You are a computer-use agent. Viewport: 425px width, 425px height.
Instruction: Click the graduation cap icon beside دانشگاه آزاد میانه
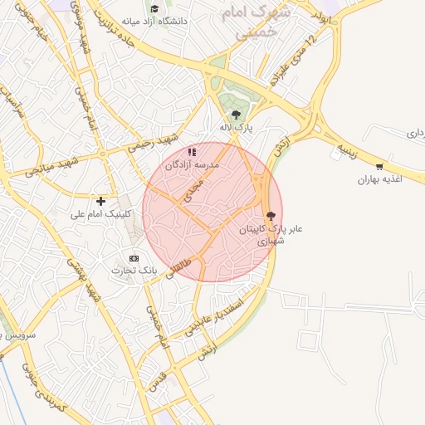pos(154,8)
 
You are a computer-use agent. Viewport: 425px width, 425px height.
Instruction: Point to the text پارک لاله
pos(235,128)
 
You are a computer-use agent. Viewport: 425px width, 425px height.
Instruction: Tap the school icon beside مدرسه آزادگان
pos(193,152)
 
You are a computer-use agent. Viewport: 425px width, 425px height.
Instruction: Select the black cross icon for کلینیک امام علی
pos(101,201)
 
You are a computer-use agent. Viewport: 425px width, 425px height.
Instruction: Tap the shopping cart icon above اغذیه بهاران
pos(379,166)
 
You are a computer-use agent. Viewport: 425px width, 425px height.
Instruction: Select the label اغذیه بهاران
pos(379,179)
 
